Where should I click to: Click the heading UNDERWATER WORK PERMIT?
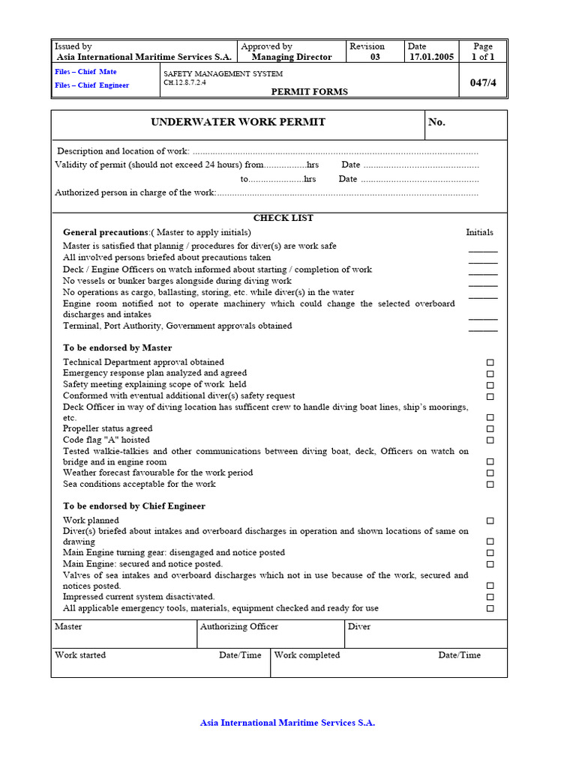pyautogui.click(x=238, y=122)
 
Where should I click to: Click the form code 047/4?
pyautogui.click(x=483, y=83)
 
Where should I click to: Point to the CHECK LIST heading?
pyautogui.click(x=283, y=218)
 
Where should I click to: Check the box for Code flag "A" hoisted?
pyautogui.click(x=490, y=440)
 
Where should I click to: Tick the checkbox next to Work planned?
pyautogui.click(x=490, y=521)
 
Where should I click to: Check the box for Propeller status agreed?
pyautogui.click(x=490, y=429)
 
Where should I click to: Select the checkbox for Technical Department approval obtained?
pyautogui.click(x=490, y=363)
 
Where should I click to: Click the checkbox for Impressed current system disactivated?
pyautogui.click(x=490, y=598)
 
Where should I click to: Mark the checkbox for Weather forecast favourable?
pyautogui.click(x=490, y=473)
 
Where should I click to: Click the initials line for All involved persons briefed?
pyautogui.click(x=483, y=263)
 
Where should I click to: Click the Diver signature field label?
pyautogui.click(x=359, y=627)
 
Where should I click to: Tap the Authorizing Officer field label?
pyautogui.click(x=239, y=627)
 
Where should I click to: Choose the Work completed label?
pyautogui.click(x=307, y=655)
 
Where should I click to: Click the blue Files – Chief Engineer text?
pyautogui.click(x=91, y=85)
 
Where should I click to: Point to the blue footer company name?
pyautogui.click(x=287, y=723)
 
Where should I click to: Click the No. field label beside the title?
pyautogui.click(x=436, y=122)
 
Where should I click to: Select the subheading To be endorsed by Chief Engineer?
pyautogui.click(x=134, y=506)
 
